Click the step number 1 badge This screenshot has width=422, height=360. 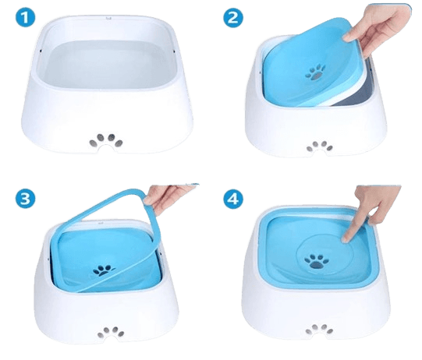click(x=25, y=17)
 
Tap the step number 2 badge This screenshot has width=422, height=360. click(x=233, y=18)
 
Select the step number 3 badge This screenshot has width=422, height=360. click(x=25, y=199)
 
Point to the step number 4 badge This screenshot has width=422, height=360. click(x=233, y=199)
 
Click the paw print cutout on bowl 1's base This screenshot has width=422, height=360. click(x=106, y=141)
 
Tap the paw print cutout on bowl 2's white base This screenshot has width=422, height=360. click(x=320, y=146)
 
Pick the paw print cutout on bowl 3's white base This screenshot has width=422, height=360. click(x=111, y=333)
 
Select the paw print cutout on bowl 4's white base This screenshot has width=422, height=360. click(x=320, y=329)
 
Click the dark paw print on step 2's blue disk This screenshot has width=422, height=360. click(x=315, y=72)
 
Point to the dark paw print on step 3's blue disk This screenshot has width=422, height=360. click(x=103, y=270)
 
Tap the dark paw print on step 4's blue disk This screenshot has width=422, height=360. click(x=317, y=262)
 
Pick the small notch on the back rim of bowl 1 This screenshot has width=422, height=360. click(x=108, y=18)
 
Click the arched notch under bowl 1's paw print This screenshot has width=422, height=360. click(x=106, y=149)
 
